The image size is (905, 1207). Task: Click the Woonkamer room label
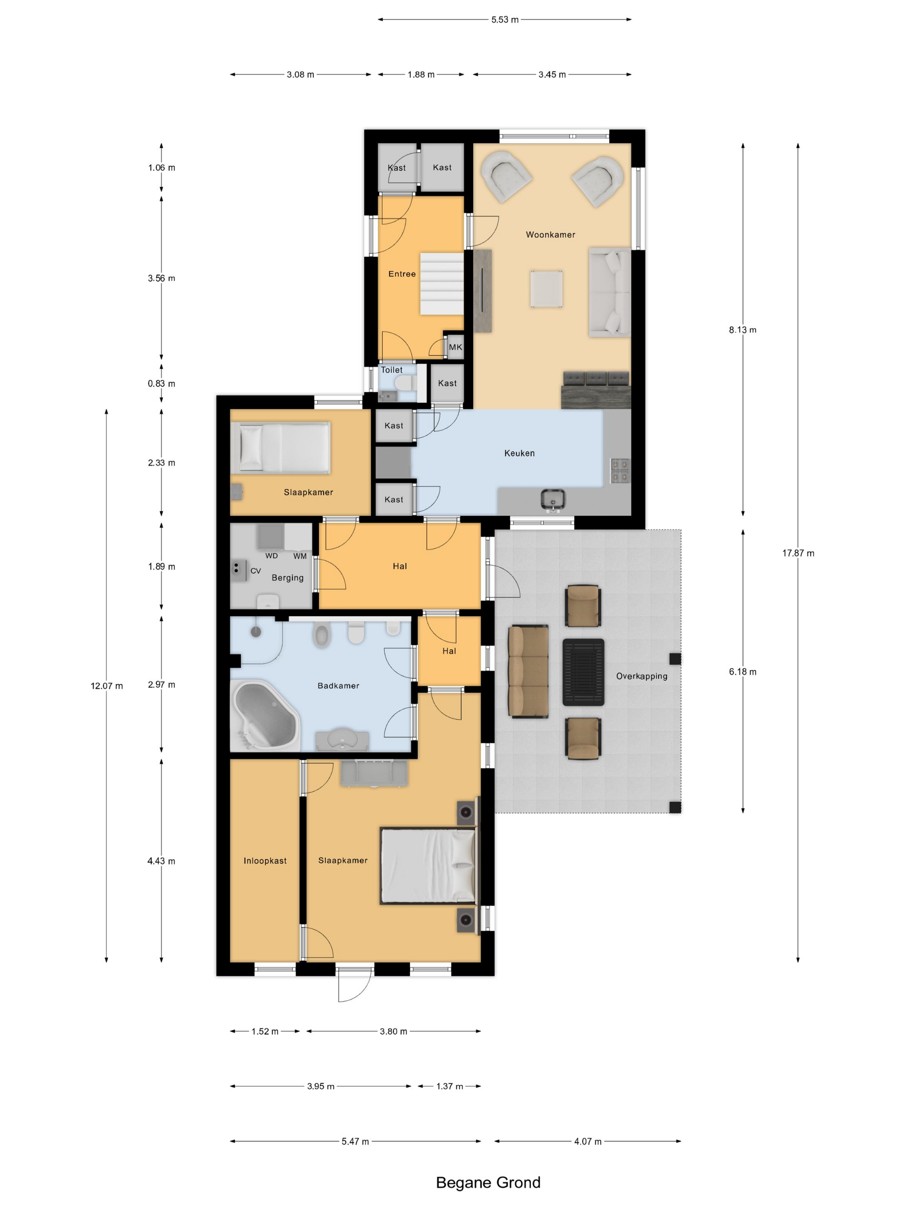click(550, 235)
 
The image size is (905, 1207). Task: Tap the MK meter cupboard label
click(456, 347)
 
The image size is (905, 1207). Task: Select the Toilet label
click(392, 369)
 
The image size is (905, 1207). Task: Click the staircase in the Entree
click(441, 283)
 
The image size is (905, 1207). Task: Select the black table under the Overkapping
click(583, 672)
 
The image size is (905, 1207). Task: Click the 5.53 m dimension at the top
click(505, 20)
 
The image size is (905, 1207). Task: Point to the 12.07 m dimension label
click(107, 686)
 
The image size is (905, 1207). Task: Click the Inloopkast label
click(265, 860)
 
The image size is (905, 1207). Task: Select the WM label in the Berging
click(300, 556)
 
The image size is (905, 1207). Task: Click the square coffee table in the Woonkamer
click(546, 289)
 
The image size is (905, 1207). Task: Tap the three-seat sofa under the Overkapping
click(528, 671)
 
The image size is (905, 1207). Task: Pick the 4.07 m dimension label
click(587, 1141)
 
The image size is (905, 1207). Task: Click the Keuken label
click(519, 453)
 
